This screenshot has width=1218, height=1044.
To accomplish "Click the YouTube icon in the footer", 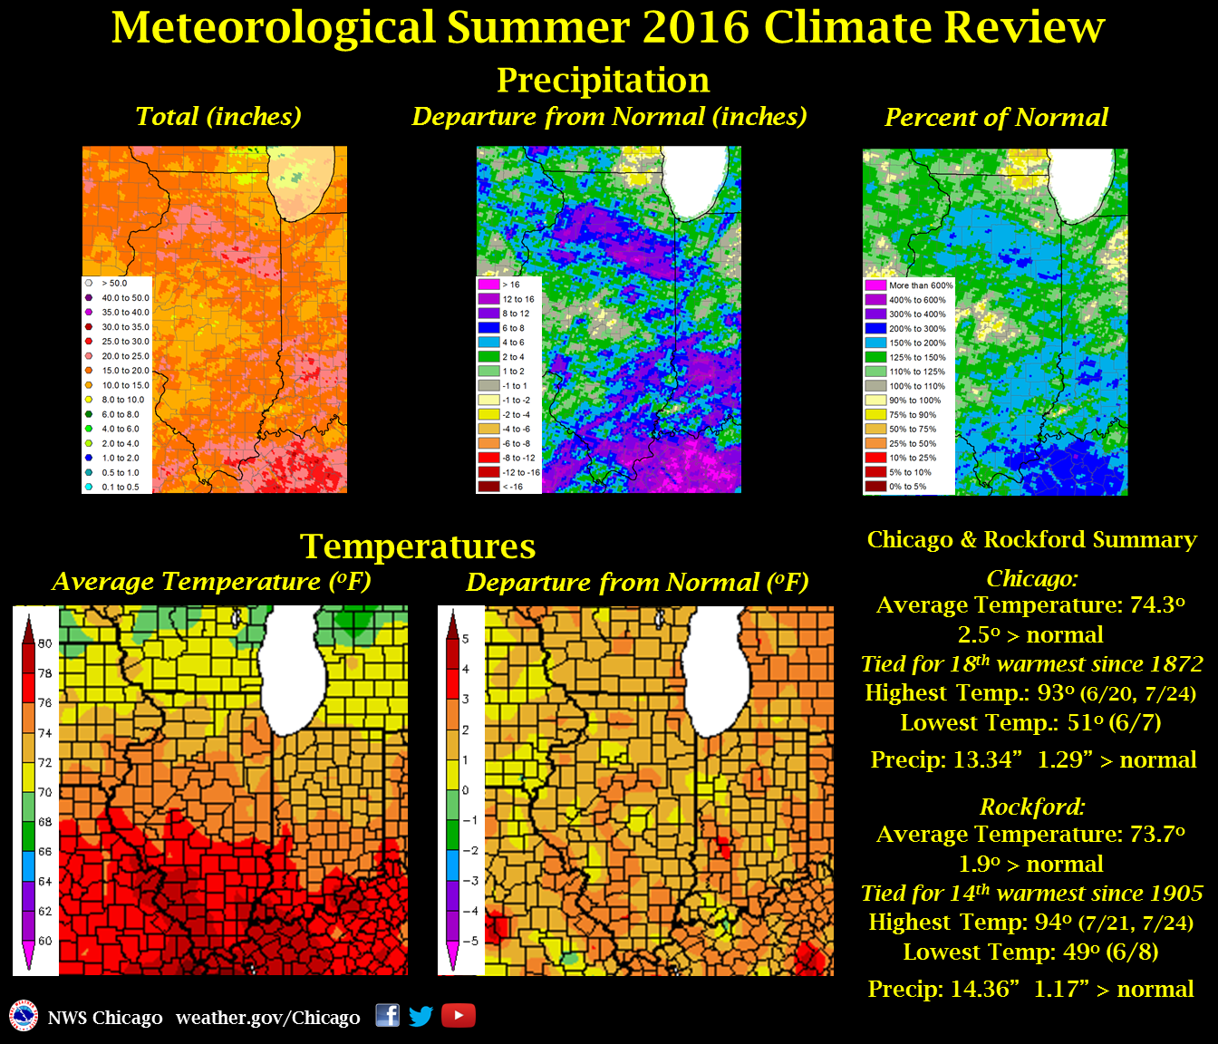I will click(459, 1016).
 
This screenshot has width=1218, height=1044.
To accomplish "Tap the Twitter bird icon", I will click(421, 1016).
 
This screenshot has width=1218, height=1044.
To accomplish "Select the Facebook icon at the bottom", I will click(387, 1015).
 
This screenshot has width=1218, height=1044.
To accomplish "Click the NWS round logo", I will click(24, 1016).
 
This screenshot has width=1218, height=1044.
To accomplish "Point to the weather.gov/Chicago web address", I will click(267, 1018).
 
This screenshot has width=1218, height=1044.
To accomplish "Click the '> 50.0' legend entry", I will click(113, 284).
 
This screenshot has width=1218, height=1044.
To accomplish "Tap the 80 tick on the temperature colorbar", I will click(44, 643).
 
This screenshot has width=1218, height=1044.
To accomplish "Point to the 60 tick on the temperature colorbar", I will click(44, 941).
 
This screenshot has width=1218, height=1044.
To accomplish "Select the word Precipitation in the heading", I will click(603, 80).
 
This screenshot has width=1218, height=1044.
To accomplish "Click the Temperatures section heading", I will click(418, 546).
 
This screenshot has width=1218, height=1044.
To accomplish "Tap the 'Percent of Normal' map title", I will click(996, 118).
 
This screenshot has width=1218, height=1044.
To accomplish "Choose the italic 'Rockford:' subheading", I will click(1032, 807).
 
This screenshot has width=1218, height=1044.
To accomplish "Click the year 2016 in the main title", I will click(697, 27).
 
